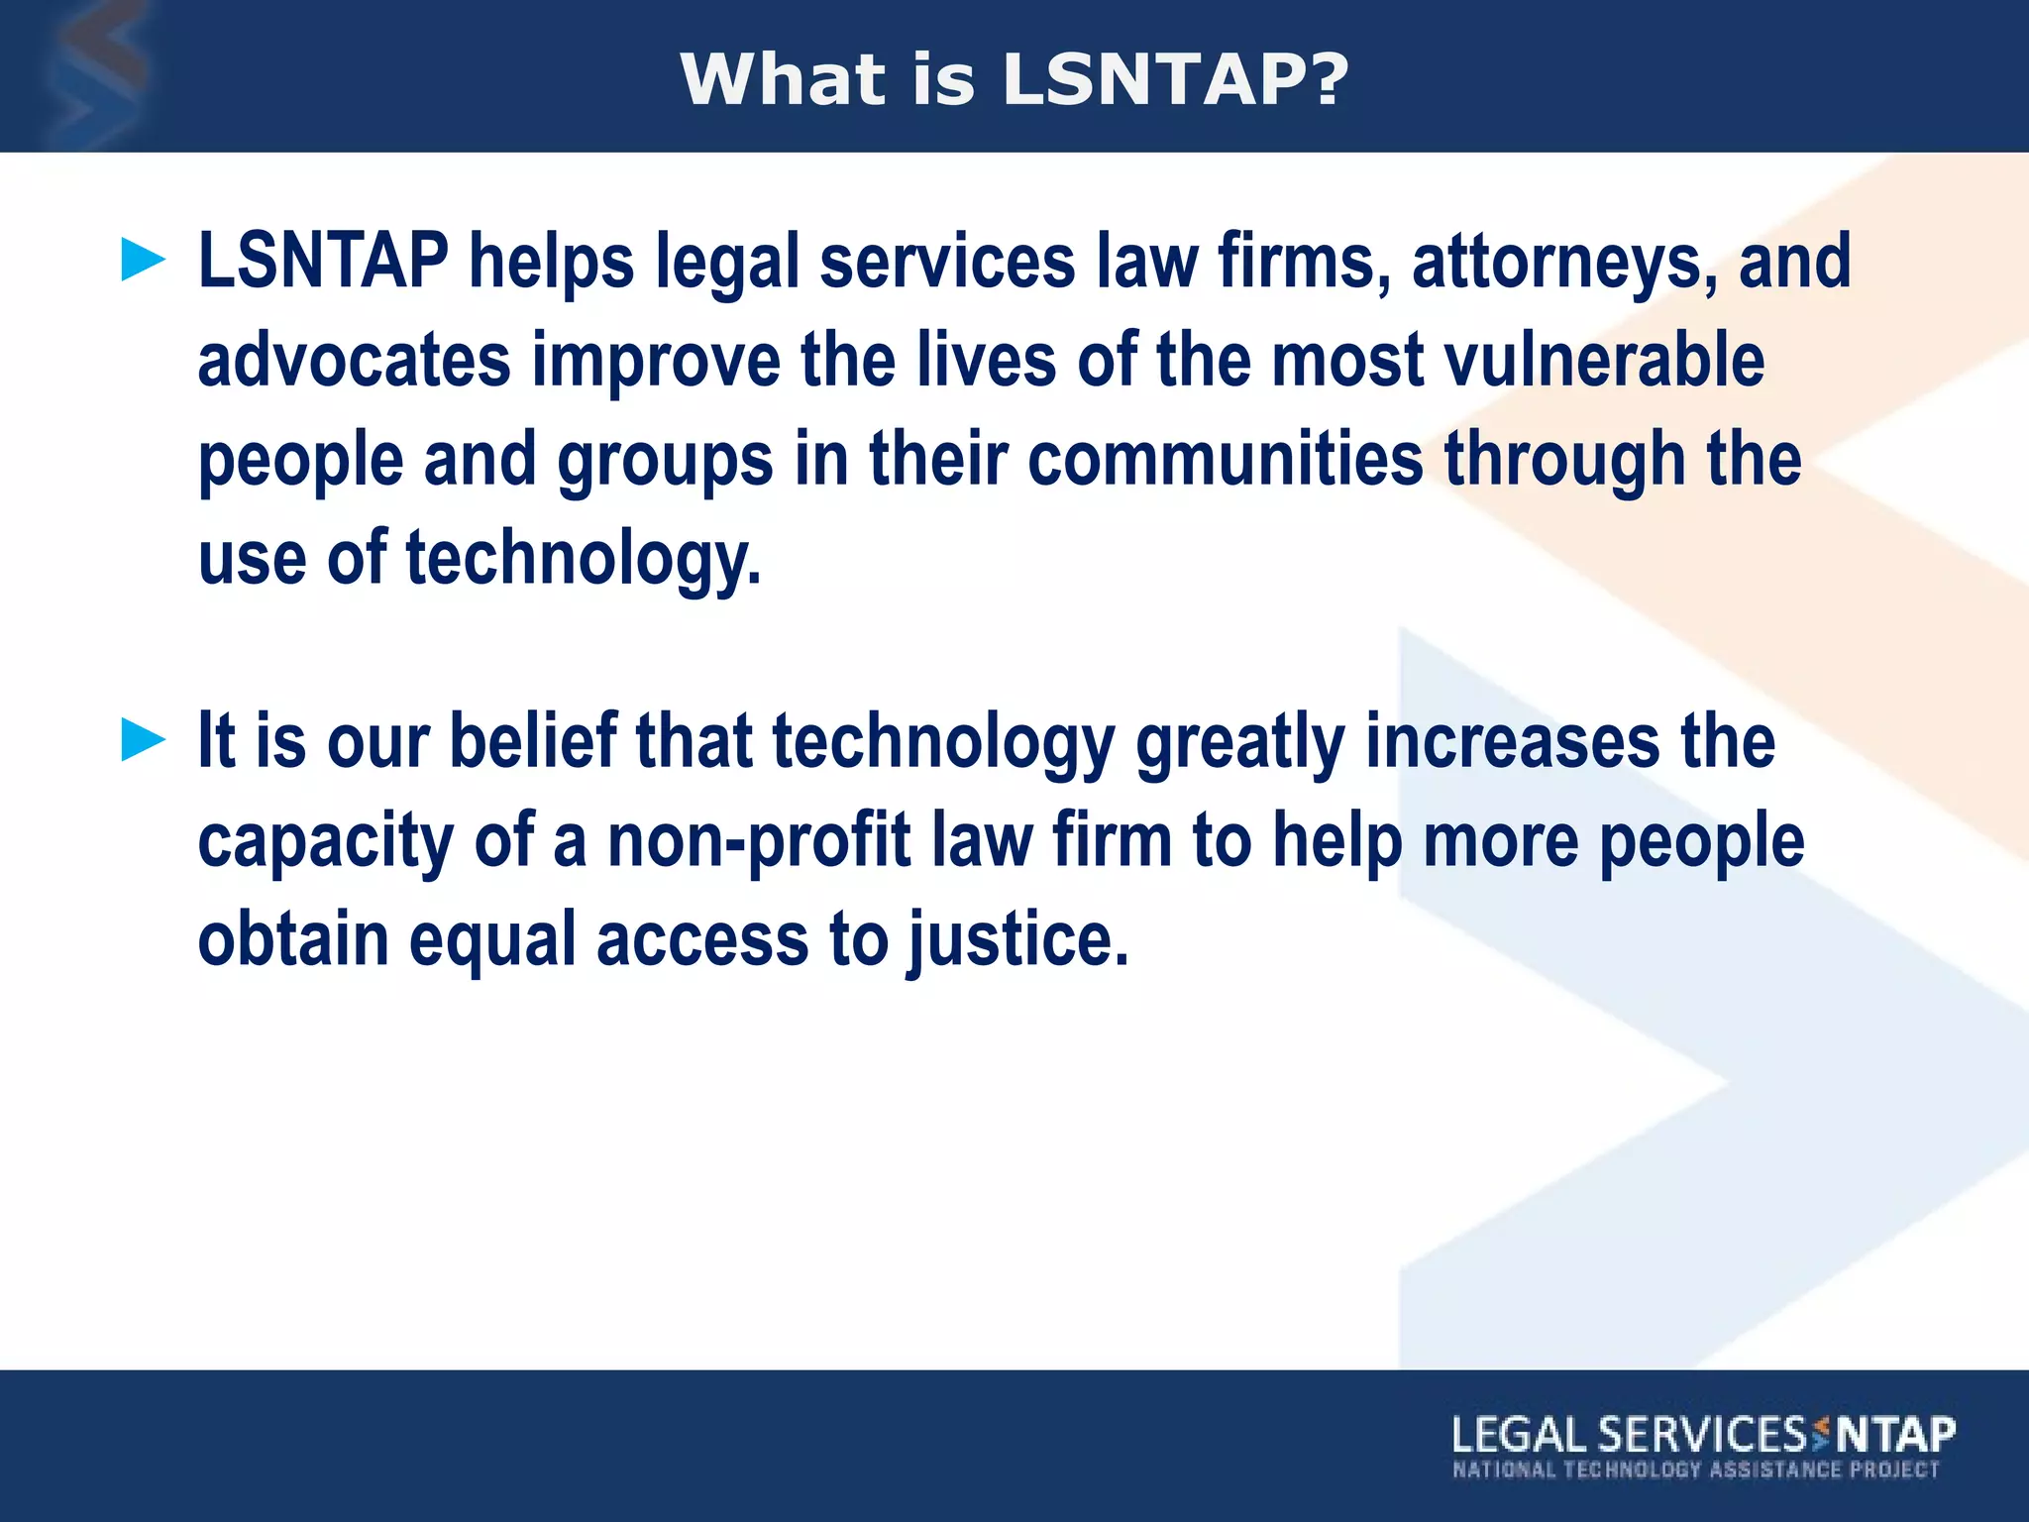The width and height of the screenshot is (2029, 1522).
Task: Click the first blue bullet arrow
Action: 143,261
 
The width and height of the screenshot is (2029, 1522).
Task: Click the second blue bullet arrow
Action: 143,740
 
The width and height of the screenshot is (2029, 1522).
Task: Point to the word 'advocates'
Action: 354,360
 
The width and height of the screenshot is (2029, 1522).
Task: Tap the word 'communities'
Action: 1225,460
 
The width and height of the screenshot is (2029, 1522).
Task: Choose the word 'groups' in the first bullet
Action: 665,462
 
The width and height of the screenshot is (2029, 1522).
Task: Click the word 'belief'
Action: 534,740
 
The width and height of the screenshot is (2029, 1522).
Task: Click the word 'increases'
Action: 1512,741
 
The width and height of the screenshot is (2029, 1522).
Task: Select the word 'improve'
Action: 657,362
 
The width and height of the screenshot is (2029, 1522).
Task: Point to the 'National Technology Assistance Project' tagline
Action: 1695,1469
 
